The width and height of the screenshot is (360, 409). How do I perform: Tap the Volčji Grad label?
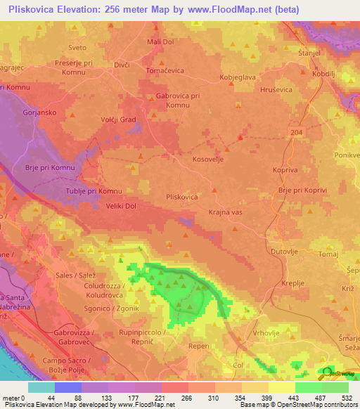117,119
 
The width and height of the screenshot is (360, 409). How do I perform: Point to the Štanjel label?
309,53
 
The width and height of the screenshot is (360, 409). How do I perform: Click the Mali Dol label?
161,42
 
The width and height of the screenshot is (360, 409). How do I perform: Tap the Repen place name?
201,346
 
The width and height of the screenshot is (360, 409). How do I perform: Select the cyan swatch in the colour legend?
41,387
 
